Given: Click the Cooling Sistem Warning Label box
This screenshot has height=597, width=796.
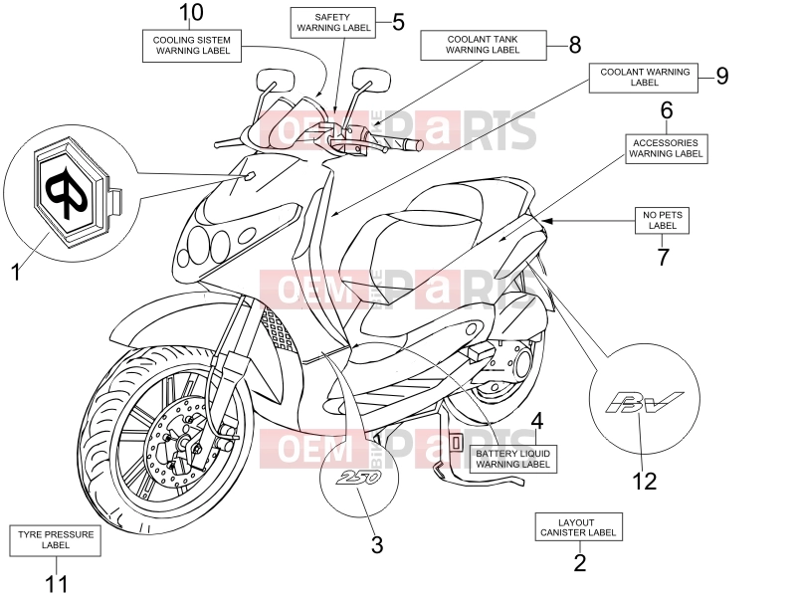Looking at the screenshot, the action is point(191,46).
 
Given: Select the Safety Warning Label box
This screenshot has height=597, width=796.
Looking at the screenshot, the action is point(333,22).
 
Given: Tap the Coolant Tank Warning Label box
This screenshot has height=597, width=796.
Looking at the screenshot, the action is point(484,45).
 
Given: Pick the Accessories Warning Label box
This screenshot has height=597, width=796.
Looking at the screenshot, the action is point(666,148).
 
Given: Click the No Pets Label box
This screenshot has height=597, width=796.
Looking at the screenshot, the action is point(662,220).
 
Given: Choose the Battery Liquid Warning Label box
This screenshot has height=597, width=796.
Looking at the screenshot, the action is point(512,459).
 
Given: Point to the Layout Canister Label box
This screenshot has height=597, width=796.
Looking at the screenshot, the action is point(578,527).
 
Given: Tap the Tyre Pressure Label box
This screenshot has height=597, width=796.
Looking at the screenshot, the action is point(56,540).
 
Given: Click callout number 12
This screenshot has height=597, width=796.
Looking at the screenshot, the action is point(644,481).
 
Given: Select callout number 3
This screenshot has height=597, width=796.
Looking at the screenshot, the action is point(377,544).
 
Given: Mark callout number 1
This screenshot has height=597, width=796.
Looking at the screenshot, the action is point(16,272).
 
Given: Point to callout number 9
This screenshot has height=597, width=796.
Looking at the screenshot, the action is point(722,76).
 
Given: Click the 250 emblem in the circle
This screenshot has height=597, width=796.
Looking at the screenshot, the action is point(360,478).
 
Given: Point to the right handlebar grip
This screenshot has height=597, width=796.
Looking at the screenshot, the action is point(404,143).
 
